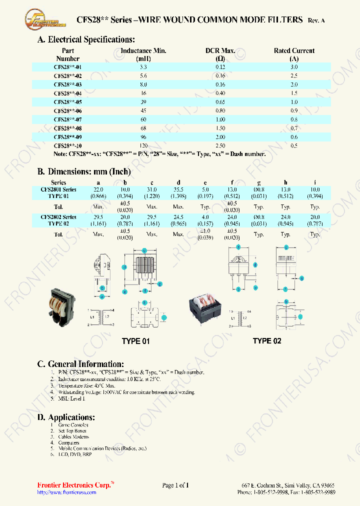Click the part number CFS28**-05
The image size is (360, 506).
coord(67,102)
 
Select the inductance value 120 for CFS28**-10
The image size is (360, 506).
coord(143,145)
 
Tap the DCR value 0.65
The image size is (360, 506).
coord(220,102)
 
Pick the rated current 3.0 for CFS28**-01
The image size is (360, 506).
coord(294,67)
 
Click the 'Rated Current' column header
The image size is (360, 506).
coord(294,50)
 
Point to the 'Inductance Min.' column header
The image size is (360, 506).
coord(143,50)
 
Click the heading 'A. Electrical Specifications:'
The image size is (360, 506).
coord(86,39)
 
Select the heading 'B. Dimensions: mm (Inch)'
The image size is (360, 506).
coord(84,171)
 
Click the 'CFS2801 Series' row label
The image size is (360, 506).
coord(58,190)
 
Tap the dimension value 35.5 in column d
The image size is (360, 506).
coord(178,190)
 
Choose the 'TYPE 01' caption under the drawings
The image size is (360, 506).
coord(135,341)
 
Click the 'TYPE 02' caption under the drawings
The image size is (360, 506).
coord(266,341)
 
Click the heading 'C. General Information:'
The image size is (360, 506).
coord(80,364)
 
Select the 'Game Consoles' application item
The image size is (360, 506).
coord(72,424)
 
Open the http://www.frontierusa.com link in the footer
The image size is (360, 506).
coord(67,492)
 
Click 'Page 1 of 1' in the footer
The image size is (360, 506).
coord(175,485)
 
